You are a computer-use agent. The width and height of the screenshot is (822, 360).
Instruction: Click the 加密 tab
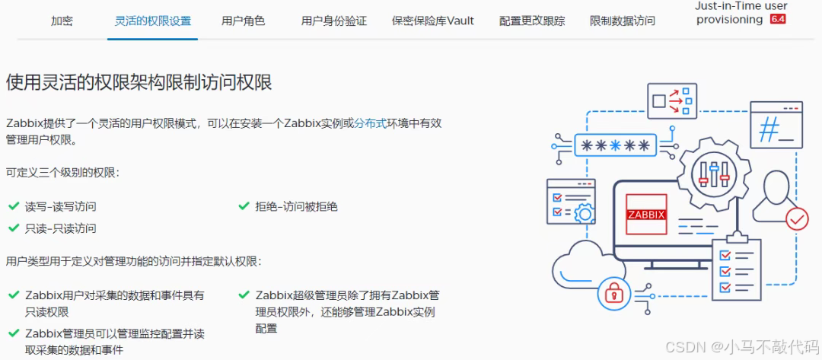(62, 21)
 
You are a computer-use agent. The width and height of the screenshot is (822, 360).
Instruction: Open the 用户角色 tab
(243, 21)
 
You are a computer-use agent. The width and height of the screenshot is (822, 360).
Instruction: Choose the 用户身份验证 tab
(333, 21)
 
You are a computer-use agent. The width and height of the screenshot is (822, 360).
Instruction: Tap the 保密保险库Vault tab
(432, 21)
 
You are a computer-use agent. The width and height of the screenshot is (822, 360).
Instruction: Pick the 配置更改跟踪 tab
(532, 21)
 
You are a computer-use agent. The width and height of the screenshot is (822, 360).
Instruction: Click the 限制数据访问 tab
(622, 21)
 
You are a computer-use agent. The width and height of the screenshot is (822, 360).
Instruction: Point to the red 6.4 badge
(778, 20)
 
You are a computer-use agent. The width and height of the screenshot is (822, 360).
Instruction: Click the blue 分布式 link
(371, 123)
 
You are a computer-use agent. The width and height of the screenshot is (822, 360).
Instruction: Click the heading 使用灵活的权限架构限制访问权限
(139, 82)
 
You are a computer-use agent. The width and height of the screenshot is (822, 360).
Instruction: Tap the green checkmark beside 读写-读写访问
(13, 206)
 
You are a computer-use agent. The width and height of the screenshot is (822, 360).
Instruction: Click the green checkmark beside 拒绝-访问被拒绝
(244, 206)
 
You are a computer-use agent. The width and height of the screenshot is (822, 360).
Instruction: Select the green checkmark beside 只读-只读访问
(13, 228)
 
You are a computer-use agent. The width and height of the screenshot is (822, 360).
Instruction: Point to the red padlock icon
(613, 291)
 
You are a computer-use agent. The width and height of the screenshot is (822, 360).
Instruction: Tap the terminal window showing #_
(776, 126)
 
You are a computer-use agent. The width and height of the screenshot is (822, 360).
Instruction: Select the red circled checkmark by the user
(797, 219)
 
